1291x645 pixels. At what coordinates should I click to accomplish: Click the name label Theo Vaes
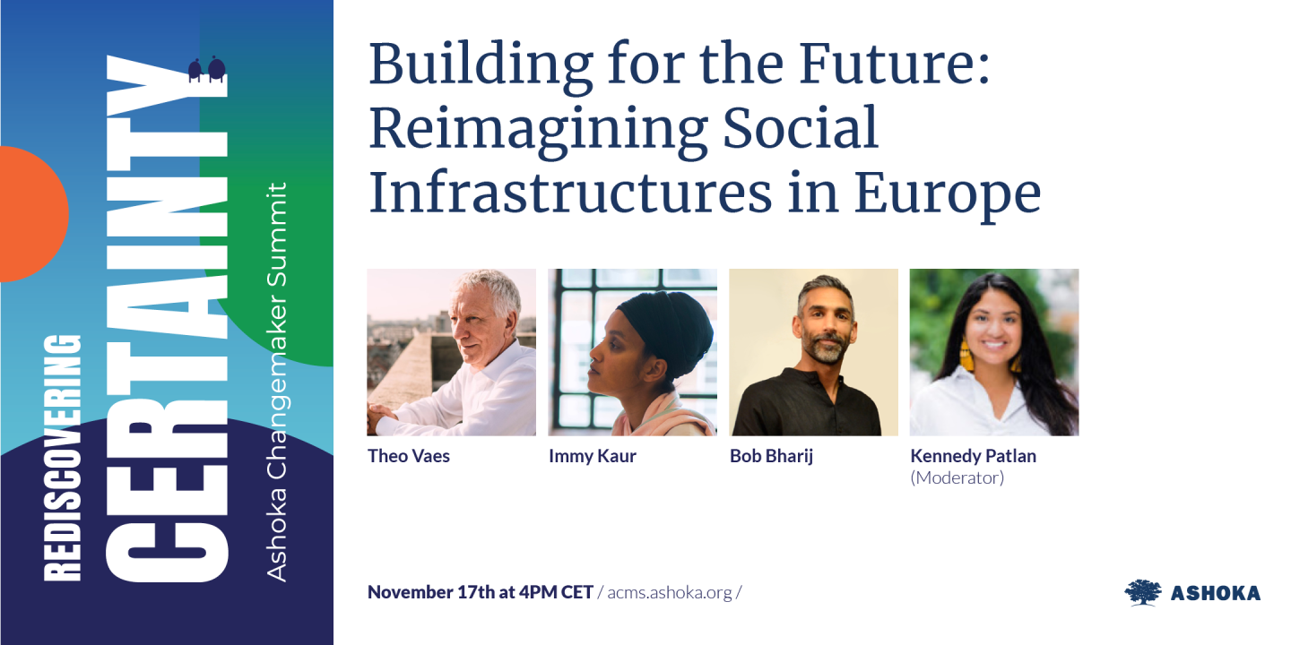pos(409,456)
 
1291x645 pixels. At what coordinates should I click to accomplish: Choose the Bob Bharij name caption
pos(772,456)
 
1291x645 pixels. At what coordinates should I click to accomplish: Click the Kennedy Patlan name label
pos(973,456)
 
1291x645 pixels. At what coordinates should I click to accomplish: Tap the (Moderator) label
pos(957,477)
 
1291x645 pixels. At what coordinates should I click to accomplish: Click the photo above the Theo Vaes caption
pos(452,352)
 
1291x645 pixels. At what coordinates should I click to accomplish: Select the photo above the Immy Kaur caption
pos(633,352)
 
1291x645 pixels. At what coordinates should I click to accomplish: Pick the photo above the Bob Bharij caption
pos(813,352)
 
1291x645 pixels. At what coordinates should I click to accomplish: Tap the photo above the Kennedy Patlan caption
pos(994,352)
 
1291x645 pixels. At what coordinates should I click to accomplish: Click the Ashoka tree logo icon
pos(1142,592)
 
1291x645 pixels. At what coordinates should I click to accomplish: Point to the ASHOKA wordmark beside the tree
pos(1216,593)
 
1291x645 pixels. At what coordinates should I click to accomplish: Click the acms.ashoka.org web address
pos(669,593)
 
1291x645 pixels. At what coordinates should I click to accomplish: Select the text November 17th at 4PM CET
pos(481,592)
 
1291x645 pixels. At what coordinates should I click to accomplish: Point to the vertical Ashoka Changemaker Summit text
pos(278,382)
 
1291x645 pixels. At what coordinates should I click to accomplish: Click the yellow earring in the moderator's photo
pos(966,355)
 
